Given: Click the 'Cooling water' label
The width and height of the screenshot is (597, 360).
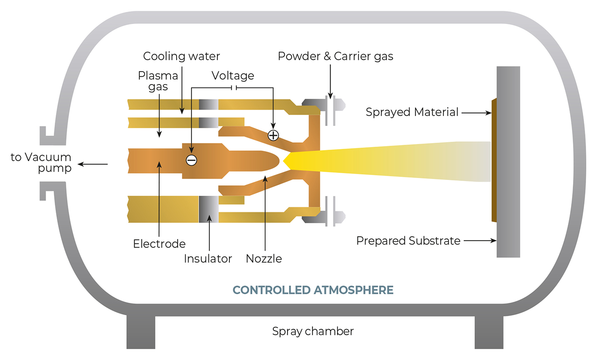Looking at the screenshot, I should pos(181,56).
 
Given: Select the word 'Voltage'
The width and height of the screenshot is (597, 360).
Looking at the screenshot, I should pos(233,76).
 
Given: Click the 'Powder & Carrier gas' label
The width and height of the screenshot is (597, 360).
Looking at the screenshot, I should pos(335,56).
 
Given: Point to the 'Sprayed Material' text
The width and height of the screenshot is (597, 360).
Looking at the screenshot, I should pos(412,112).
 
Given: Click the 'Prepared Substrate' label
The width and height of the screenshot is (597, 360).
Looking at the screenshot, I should pos(408,241).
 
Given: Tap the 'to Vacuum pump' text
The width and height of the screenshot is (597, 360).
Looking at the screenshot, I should pos(41,163).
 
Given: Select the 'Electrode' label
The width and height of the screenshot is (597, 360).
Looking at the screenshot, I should pos(159,244).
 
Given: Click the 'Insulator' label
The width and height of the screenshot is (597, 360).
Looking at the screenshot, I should pos(208,259).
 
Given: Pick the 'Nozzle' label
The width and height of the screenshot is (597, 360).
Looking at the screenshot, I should pos(264,259).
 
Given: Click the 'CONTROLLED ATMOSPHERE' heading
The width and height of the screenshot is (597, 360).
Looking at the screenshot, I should pos(313,290).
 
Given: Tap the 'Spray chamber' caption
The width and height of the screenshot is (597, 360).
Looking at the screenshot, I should pos(313,331).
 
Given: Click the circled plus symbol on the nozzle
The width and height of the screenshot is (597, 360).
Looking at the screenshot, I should pos(273,135).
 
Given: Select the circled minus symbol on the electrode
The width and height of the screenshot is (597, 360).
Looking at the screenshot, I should pos(191,160).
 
